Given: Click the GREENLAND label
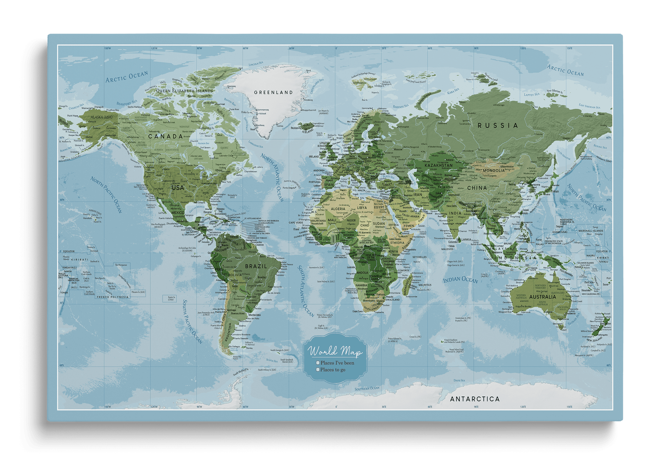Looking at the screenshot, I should pyautogui.click(x=274, y=92).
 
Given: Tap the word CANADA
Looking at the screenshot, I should pyautogui.click(x=165, y=136).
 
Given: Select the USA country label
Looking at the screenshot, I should pyautogui.click(x=178, y=188).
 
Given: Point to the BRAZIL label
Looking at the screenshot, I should pyautogui.click(x=256, y=266).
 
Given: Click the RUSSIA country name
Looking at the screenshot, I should pyautogui.click(x=498, y=126).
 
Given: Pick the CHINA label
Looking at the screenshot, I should pyautogui.click(x=477, y=188).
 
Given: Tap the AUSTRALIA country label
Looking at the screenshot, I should pyautogui.click(x=543, y=297).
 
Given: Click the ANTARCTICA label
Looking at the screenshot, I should pyautogui.click(x=475, y=399).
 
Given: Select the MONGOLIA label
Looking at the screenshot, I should pyautogui.click(x=494, y=170).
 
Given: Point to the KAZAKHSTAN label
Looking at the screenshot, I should pyautogui.click(x=438, y=166).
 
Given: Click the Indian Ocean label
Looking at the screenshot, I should pyautogui.click(x=460, y=280).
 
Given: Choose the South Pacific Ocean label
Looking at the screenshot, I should pyautogui.click(x=192, y=321).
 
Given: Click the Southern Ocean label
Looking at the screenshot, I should pyautogui.click(x=367, y=388).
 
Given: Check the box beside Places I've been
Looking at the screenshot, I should pyautogui.click(x=317, y=363).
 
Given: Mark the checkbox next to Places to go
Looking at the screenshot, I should pyautogui.click(x=317, y=370).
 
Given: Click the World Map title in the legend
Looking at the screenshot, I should pyautogui.click(x=335, y=352).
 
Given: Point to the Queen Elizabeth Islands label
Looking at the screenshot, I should pyautogui.click(x=184, y=91).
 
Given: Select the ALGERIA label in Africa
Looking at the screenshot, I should pyautogui.click(x=338, y=209).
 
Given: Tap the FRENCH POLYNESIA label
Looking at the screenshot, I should pyautogui.click(x=113, y=297).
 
